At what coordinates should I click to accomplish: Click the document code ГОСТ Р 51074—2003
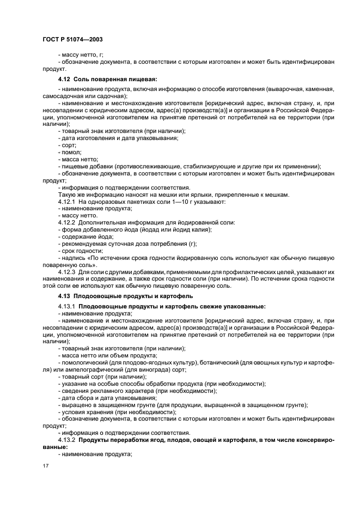[x=72, y=39]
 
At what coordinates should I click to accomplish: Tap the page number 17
[x=46, y=466]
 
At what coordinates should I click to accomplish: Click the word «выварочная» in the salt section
[x=292, y=89]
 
